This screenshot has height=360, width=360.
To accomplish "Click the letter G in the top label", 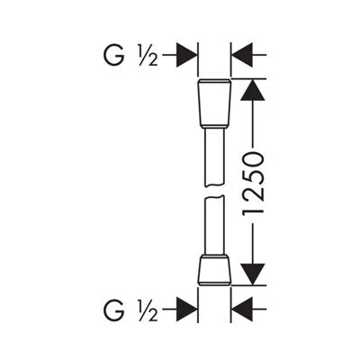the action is pyautogui.click(x=113, y=55).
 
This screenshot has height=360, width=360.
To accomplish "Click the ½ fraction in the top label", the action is pyautogui.click(x=148, y=55).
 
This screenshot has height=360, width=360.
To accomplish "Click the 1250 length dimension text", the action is pyautogui.click(x=253, y=185).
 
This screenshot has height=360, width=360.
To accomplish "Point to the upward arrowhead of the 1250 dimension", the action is pyautogui.click(x=253, y=89).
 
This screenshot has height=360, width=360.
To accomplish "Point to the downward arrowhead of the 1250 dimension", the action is pyautogui.click(x=253, y=274).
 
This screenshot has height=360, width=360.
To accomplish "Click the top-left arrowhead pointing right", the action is pyautogui.click(x=186, y=55).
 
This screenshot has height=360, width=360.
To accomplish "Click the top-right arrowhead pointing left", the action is pyautogui.click(x=242, y=55).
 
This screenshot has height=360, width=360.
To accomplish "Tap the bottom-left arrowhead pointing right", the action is pyautogui.click(x=186, y=309).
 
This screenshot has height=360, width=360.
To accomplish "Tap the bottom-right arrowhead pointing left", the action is pyautogui.click(x=242, y=309).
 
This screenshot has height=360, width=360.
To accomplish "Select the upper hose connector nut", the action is pyautogui.click(x=214, y=103).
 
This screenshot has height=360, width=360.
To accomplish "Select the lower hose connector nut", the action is pyautogui.click(x=214, y=270).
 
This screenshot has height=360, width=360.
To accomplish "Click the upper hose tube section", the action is pyautogui.click(x=214, y=157).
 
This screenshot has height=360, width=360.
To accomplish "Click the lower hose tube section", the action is pyautogui.click(x=214, y=226).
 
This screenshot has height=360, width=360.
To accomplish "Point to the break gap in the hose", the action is pyautogui.click(x=214, y=193).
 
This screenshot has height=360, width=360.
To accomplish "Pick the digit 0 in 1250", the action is pyautogui.click(x=253, y=159).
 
